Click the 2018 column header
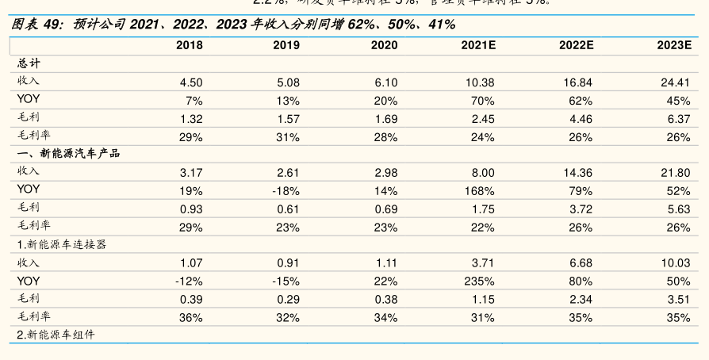[189, 45]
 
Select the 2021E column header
[478, 45]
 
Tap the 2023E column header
[673, 45]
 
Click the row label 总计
[29, 63]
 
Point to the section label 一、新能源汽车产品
[68, 154]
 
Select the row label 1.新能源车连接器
[62, 244]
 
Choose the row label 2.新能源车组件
[56, 335]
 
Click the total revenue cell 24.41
[674, 82]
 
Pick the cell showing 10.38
[478, 82]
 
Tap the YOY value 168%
[480, 190]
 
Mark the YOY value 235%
[480, 281]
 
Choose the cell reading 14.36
[577, 172]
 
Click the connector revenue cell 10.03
[674, 262]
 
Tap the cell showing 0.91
[288, 262]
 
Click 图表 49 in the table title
[36, 25]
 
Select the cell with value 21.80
[674, 172]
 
